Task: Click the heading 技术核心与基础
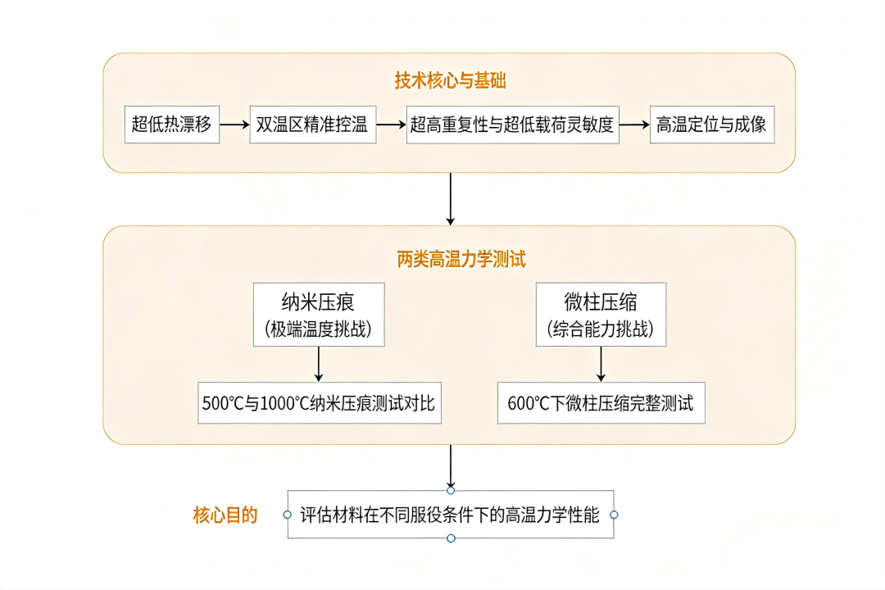[450, 81]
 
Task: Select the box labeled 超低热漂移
[172, 125]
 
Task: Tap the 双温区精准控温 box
[312, 125]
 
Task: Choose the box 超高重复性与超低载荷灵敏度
[512, 125]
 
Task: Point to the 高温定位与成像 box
[711, 125]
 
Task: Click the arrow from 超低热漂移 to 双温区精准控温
[234, 125]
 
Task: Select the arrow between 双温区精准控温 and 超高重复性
[392, 125]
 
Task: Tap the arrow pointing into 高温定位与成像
[633, 125]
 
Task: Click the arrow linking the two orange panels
[450, 198]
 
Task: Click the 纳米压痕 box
[319, 314]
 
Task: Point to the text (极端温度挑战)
[319, 330]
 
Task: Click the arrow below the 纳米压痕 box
[319, 364]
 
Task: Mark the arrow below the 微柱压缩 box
[601, 364]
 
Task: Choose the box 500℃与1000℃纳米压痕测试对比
[320, 403]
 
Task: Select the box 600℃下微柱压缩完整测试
[601, 403]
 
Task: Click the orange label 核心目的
[225, 515]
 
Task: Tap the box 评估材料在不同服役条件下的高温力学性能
[450, 515]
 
